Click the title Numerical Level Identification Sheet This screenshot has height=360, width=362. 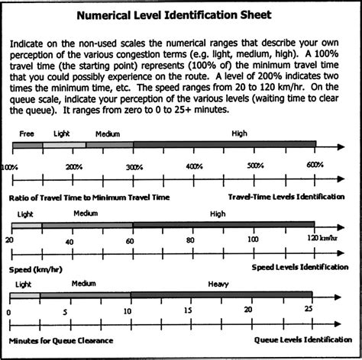181,16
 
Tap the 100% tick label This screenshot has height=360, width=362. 9,166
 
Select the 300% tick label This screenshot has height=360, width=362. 134,166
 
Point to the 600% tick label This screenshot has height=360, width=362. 314,166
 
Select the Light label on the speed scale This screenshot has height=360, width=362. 24,214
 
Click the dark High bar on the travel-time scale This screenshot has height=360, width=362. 223,146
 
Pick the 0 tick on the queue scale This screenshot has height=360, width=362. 9,311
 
